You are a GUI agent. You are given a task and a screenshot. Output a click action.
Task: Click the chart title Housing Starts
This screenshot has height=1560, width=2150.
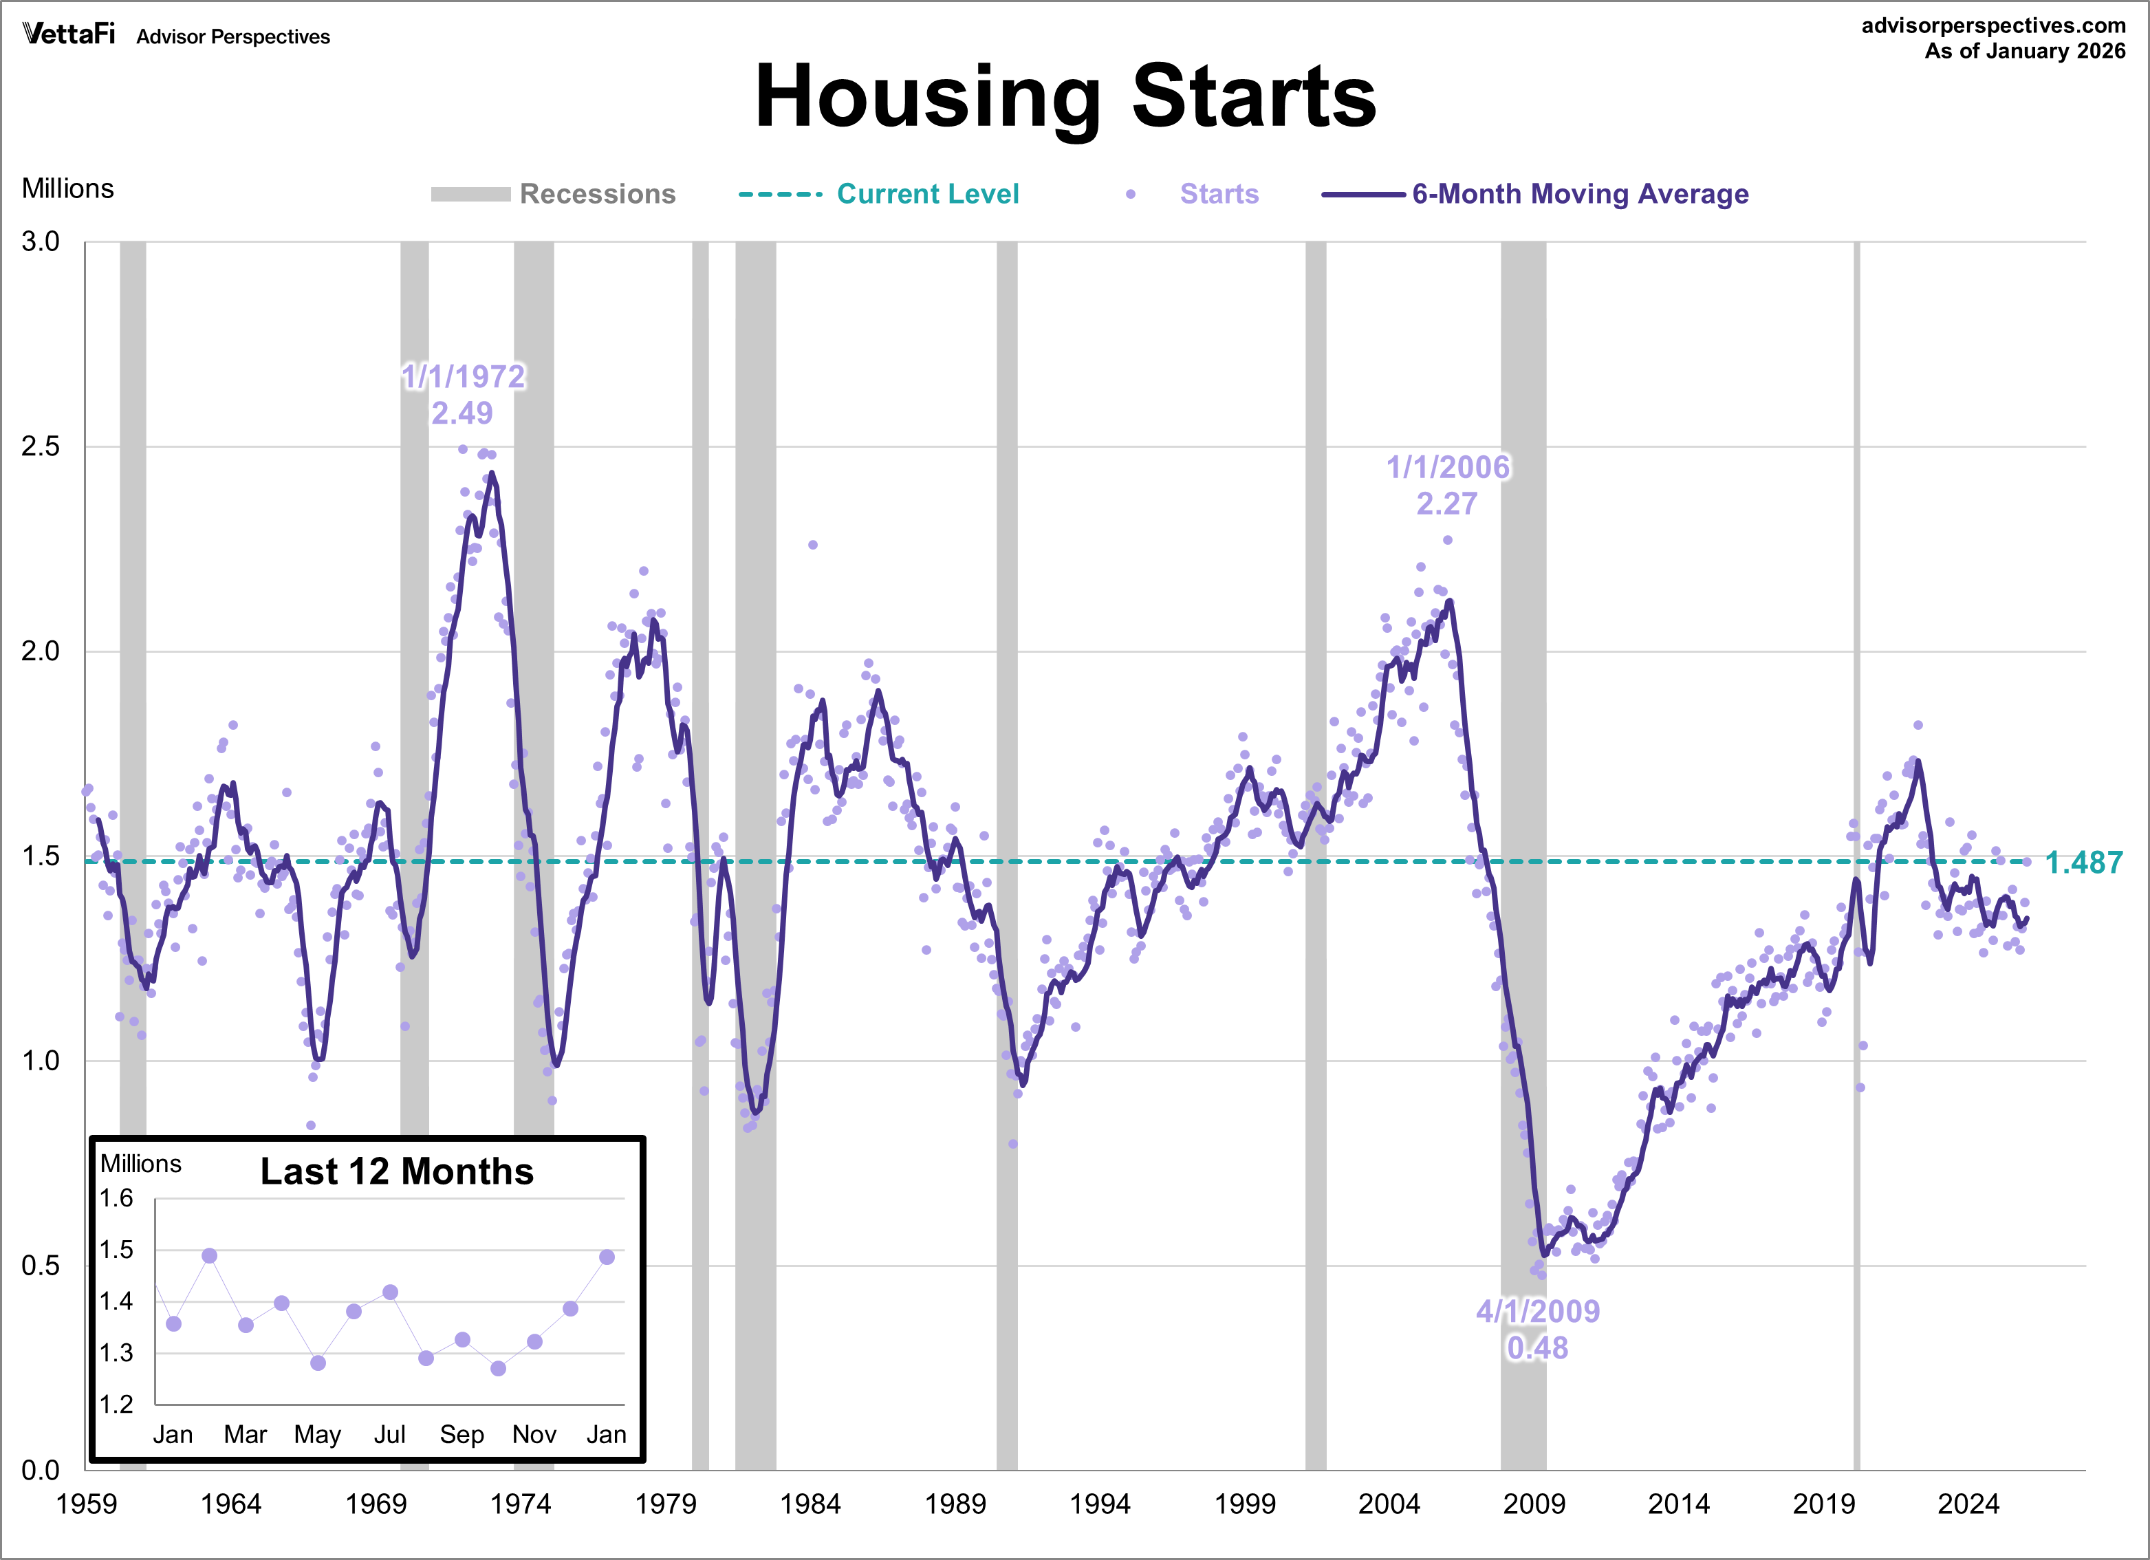[x=1065, y=97]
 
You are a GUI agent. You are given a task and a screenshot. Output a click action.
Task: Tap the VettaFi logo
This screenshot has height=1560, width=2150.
[x=68, y=35]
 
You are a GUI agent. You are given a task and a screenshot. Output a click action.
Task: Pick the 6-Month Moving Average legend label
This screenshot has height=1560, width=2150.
[x=1581, y=195]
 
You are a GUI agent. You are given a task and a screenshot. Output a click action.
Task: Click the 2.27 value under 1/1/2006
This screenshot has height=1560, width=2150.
[x=1446, y=504]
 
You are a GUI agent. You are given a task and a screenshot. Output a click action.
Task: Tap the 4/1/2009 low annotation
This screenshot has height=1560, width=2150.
[x=1538, y=1312]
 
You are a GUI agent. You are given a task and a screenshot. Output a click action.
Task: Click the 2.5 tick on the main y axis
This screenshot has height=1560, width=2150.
[x=41, y=446]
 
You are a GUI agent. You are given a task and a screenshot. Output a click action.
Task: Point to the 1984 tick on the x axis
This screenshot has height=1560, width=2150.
[x=810, y=1504]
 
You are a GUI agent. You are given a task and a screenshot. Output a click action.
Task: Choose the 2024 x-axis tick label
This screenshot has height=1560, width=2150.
[x=1968, y=1504]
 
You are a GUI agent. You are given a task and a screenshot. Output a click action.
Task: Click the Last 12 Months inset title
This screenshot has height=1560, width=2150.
[x=398, y=1172]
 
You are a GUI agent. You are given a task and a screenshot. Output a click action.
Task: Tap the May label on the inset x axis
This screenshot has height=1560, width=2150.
[x=318, y=1435]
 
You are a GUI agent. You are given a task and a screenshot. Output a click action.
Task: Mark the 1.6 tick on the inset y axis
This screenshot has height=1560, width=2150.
[x=117, y=1199]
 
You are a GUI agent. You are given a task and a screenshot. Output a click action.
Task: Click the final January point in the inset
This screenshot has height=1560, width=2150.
[x=607, y=1257]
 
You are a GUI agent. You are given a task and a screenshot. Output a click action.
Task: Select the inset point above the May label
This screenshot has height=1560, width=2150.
[x=318, y=1363]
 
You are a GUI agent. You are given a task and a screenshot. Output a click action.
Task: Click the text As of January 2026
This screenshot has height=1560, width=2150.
[x=2025, y=51]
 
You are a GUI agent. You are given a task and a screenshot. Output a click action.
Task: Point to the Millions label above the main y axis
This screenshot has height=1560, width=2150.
[x=67, y=188]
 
